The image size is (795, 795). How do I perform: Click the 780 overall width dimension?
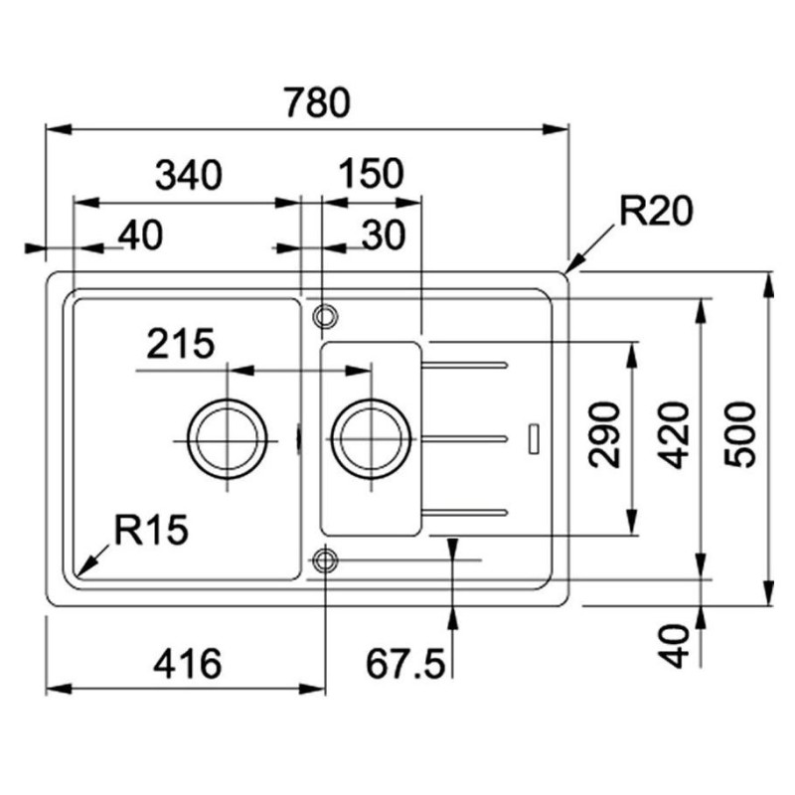tap(317, 102)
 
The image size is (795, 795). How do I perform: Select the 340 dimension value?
tap(189, 175)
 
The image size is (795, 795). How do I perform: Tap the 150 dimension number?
tap(371, 173)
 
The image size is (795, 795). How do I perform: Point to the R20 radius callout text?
tap(656, 211)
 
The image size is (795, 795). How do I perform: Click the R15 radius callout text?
tap(151, 530)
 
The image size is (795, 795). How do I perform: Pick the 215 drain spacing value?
tap(181, 343)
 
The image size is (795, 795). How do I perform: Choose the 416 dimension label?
tap(188, 664)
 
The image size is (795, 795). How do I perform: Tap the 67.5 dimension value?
tap(405, 664)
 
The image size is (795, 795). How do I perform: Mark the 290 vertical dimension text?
tap(604, 434)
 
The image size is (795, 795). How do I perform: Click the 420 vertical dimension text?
tap(677, 434)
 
